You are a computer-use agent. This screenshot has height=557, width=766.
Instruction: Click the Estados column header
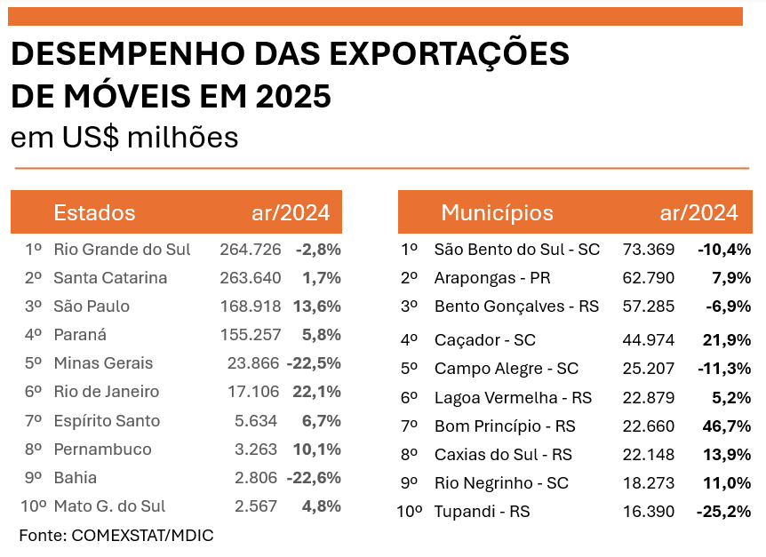[94, 213]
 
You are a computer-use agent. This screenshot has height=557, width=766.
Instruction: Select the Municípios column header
[497, 213]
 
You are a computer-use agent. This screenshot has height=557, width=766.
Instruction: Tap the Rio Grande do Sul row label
[122, 250]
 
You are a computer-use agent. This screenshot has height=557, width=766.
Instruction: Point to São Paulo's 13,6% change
[316, 306]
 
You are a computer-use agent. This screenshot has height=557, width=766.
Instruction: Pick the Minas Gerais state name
[103, 363]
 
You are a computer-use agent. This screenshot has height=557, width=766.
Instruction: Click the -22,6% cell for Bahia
[314, 477]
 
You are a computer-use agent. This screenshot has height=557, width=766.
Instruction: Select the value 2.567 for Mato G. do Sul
[257, 505]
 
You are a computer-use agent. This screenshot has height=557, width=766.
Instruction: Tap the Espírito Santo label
[107, 420]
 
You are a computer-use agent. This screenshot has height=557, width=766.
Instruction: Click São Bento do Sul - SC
[517, 250]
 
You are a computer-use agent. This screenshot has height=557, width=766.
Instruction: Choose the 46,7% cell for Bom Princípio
[728, 426]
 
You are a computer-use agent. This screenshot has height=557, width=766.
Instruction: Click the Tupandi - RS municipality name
[482, 512]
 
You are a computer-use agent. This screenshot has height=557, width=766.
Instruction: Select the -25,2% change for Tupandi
[724, 512]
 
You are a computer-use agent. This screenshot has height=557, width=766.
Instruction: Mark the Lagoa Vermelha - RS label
[513, 397]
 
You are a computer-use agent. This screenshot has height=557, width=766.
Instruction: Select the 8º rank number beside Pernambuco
[34, 449]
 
